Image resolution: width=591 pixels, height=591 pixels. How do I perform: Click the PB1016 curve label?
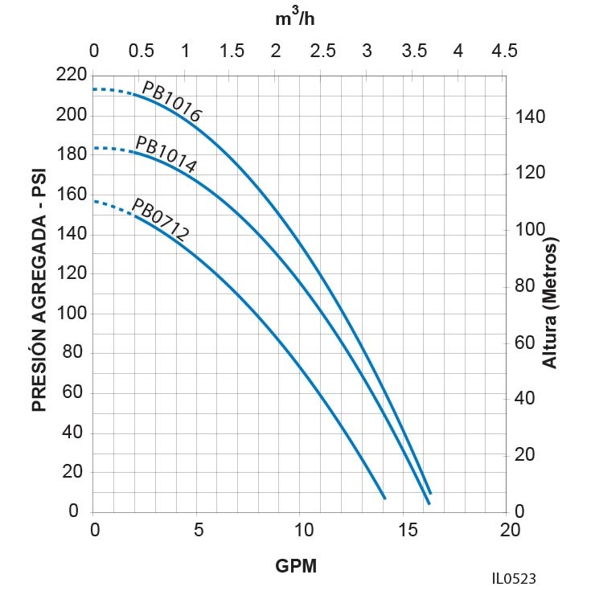[x=171, y=102]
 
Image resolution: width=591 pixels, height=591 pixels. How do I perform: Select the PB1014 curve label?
[x=166, y=155]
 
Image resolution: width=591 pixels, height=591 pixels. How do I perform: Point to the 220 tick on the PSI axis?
[x=72, y=76]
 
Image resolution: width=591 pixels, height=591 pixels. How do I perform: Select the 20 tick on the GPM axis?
[x=509, y=530]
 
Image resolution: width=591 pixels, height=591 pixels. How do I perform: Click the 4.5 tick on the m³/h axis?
[x=504, y=51]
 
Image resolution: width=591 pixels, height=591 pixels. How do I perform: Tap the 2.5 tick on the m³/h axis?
[x=322, y=51]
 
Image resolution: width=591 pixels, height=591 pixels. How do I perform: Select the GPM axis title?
[x=296, y=565]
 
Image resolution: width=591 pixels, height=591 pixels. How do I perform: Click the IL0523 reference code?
[x=514, y=578]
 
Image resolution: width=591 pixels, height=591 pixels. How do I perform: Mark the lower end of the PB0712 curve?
[x=384, y=499]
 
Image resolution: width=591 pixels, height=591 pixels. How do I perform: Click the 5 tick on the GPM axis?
[x=198, y=530]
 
